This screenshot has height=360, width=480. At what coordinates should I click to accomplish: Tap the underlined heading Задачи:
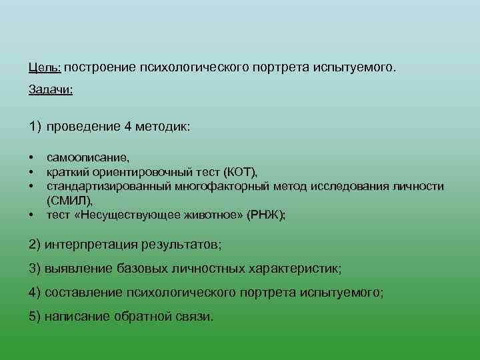point(51,90)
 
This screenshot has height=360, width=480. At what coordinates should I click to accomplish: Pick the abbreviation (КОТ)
point(239,173)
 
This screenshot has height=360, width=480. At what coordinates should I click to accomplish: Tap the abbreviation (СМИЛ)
point(70,200)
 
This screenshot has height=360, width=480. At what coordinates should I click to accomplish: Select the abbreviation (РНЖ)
point(266,215)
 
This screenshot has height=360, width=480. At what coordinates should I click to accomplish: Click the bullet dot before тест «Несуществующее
point(31,215)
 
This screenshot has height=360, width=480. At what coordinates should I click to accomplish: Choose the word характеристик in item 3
point(301,269)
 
